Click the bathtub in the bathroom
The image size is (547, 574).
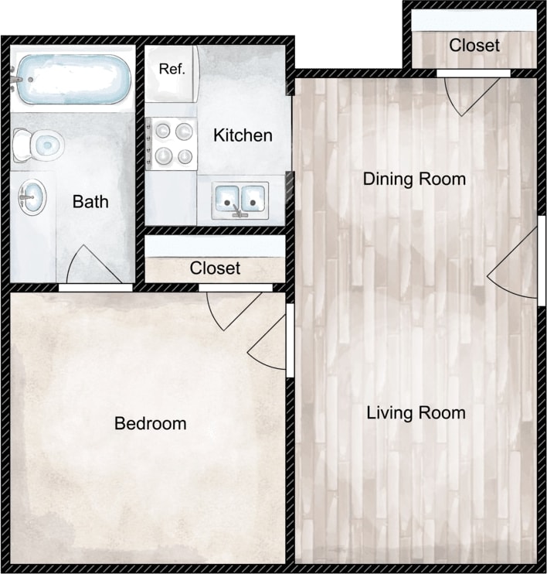pos(73,79)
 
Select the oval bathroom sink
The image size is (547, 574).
pos(32,197)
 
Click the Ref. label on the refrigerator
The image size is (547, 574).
pos(172,69)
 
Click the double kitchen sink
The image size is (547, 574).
pos(240,199)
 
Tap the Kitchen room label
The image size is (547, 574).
pos(243,135)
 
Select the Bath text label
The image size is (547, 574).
pos(90,202)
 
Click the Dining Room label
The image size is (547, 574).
pos(414,179)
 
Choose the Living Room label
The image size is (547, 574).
pos(416,412)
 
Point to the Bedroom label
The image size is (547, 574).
pos(150,423)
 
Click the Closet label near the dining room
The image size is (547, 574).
pos(474,45)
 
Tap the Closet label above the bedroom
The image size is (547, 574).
pos(215,268)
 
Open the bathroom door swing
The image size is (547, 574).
pos(85,267)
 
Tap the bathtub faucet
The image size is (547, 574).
pos(15,77)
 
